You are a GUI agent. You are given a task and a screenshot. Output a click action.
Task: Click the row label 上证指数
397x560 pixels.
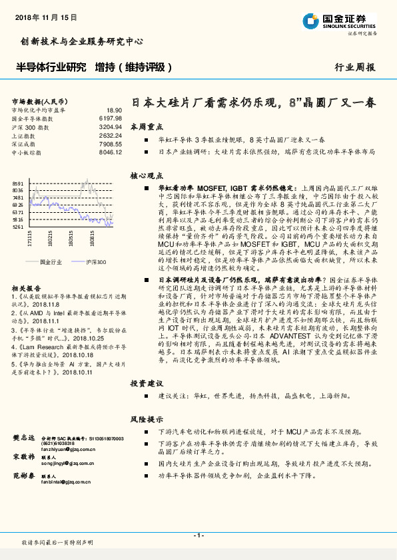coord(25,134)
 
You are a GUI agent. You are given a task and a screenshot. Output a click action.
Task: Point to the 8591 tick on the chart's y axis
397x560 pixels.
coord(18,183)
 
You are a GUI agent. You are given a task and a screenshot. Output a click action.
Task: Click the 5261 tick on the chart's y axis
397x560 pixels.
coord(18,227)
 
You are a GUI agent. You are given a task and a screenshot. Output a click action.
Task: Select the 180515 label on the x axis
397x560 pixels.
coord(71,239)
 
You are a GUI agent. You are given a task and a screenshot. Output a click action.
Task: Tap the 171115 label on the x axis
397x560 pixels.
coord(29,239)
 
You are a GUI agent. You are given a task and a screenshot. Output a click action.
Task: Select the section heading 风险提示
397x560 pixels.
coord(147,420)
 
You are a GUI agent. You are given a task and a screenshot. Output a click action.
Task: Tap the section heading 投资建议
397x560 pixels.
coord(147,384)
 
